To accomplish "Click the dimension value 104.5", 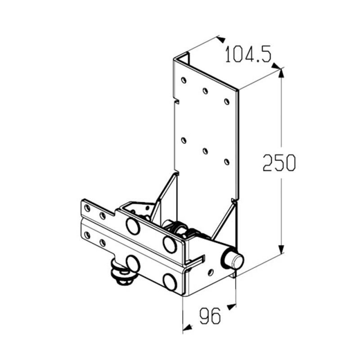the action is coord(248,54).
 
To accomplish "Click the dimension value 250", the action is coord(279,163).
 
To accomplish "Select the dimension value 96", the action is coord(210,316).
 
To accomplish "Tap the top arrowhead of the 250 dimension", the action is coord(281,73).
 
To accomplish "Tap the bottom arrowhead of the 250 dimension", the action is coord(281,249).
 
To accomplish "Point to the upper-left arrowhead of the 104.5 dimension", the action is coord(221,39).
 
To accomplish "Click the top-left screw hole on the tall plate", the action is coord(184,80).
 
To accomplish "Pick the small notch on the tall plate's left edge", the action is coord(177,101).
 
